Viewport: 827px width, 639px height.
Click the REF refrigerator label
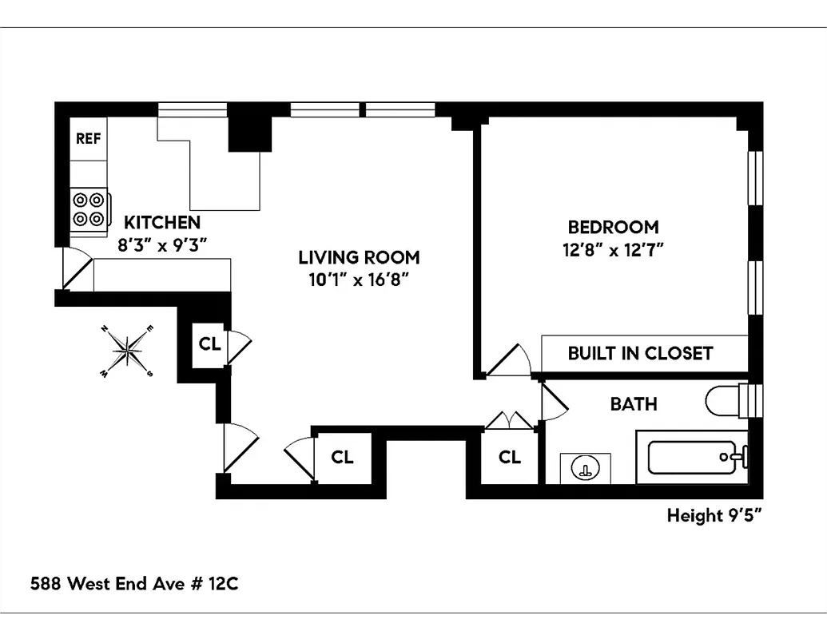point(88,138)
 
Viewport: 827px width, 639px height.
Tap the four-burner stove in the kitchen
point(89,209)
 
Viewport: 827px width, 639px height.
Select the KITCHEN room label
point(162,222)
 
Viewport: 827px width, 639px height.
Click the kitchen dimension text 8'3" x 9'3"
point(162,245)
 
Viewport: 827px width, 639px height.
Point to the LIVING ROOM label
point(359,257)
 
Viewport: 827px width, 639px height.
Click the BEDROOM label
point(613,227)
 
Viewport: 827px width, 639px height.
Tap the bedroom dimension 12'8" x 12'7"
point(613,249)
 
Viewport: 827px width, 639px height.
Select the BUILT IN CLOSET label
point(640,353)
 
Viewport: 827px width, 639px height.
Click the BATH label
point(634,403)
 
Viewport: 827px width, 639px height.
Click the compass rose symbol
point(127,350)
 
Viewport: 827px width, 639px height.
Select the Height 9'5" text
point(714,516)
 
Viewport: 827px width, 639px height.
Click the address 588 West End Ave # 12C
point(134,584)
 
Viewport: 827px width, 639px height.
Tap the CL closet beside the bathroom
point(510,457)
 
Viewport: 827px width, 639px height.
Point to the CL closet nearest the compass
point(209,344)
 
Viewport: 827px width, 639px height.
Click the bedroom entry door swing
point(508,360)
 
